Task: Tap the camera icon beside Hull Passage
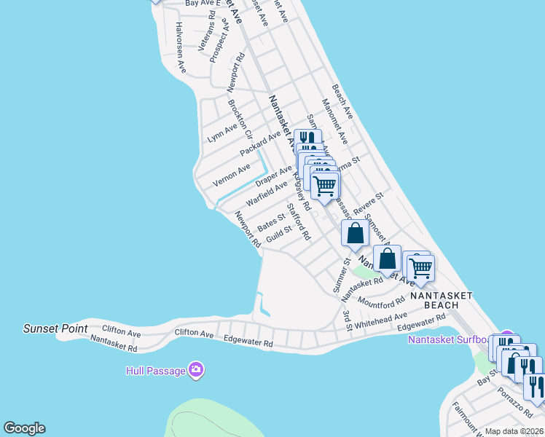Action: click(x=195, y=371)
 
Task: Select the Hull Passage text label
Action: click(x=154, y=371)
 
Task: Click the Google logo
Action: click(x=24, y=428)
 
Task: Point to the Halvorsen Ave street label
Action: click(x=181, y=48)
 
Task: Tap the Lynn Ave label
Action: click(x=222, y=133)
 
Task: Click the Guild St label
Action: click(x=278, y=233)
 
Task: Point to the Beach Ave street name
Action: click(x=342, y=101)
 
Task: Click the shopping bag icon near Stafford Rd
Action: click(x=355, y=234)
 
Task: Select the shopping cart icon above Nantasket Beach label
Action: click(x=420, y=267)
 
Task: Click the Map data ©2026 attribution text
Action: click(x=514, y=431)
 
